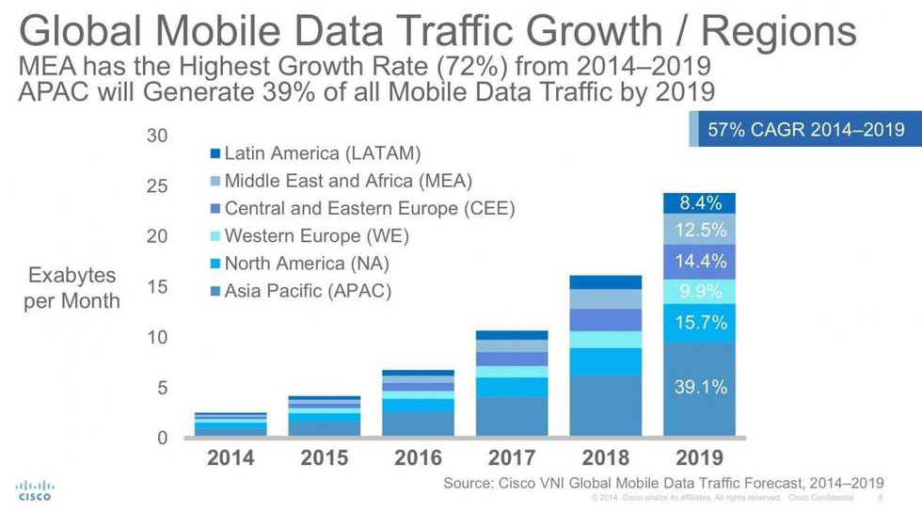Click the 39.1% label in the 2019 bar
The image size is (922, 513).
700,387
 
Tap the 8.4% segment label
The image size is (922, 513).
700,203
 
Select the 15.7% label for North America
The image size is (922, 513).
700,323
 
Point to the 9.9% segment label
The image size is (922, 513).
700,291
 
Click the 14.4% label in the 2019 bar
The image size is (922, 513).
700,261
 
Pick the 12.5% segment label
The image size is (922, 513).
700,231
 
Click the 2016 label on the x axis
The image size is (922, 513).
418,458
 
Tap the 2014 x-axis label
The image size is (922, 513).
230,458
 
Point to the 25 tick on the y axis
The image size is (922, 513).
156,186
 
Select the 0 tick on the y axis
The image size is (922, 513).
162,439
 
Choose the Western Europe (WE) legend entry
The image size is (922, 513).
316,236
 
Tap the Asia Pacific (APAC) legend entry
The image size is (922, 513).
307,291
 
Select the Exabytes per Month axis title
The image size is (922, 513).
72,288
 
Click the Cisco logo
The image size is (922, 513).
35,490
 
